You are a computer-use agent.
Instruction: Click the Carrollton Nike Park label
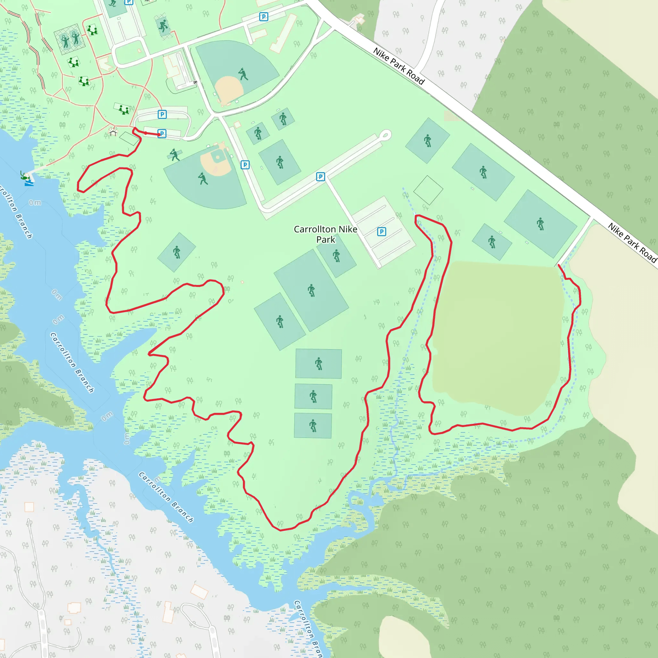(325, 234)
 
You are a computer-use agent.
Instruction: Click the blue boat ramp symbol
(29, 183)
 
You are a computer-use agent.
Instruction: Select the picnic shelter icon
(113, 131)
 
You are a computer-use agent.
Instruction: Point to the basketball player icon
(163, 26)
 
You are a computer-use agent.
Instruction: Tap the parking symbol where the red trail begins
(162, 134)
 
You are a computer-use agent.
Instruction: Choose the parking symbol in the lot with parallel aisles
(381, 232)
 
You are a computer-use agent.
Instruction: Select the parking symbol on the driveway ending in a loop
(320, 176)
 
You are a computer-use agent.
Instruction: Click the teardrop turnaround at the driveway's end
(385, 135)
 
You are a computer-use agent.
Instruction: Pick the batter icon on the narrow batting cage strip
(175, 155)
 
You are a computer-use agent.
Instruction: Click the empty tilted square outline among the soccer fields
(428, 191)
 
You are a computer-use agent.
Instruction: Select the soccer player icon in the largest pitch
(311, 290)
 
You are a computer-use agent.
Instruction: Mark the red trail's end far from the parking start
(559, 265)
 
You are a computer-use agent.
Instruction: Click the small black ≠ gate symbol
(195, 82)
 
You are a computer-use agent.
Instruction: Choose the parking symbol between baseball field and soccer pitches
(245, 165)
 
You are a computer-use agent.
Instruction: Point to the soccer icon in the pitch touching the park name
(336, 255)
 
